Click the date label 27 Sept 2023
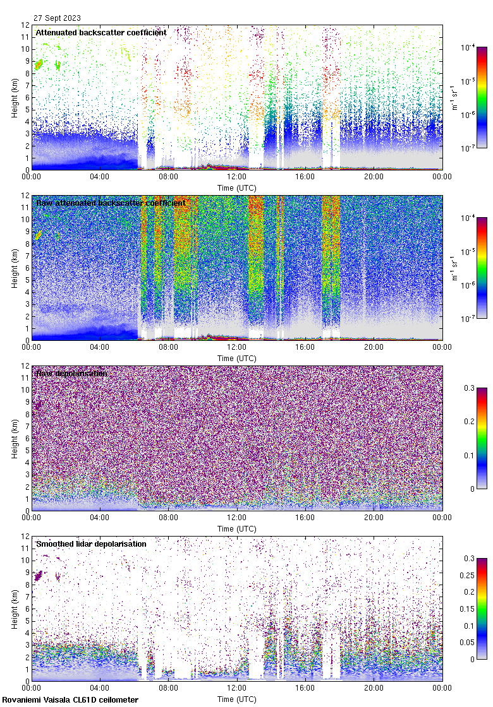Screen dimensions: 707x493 [x=58, y=18]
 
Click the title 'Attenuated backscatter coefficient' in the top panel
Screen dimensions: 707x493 [x=101, y=32]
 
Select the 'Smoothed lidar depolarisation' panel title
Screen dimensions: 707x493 [x=91, y=544]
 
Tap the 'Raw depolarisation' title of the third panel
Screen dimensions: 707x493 [x=71, y=373]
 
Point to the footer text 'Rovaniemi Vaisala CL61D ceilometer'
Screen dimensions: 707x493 [x=70, y=700]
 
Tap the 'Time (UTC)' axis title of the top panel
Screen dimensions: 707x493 [x=236, y=187]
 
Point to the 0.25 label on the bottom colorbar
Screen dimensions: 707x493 [x=470, y=575]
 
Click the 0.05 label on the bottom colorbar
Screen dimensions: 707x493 [x=470, y=643]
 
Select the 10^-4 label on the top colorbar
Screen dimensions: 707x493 [x=468, y=47]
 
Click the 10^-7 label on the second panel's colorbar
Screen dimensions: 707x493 [x=468, y=319]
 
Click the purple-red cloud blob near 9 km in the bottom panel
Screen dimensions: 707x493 [x=39, y=575]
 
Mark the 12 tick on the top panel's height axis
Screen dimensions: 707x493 [x=25, y=25]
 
